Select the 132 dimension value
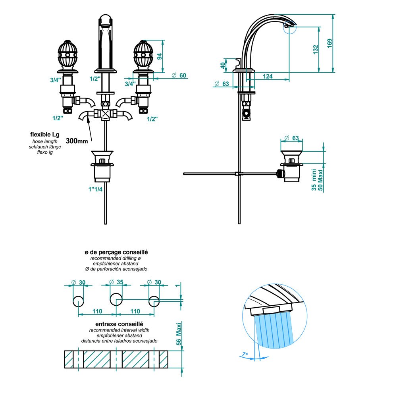coord(316,49)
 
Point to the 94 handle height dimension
coord(160,56)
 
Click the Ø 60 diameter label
coord(179,75)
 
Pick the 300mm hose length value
coord(77,141)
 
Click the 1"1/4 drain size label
coord(95,189)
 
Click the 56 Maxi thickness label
coord(179,333)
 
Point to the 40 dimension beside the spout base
coord(223,64)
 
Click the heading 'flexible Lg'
coord(45,135)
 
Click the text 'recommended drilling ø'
coord(116,258)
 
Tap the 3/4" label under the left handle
coord(55,80)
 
